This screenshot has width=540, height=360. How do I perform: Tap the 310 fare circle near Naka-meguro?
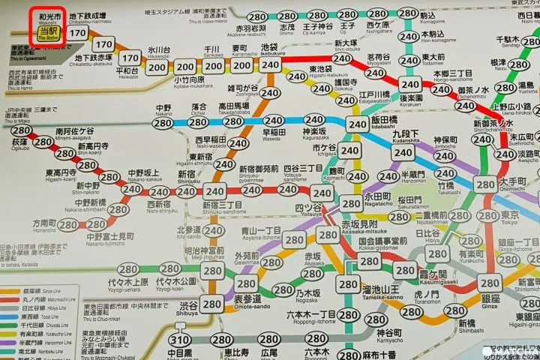pyautogui.click(x=180, y=340)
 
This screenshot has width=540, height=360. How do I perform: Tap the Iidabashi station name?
pyautogui.click(x=383, y=122)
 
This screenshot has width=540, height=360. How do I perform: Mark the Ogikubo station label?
pyautogui.click(x=19, y=142)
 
